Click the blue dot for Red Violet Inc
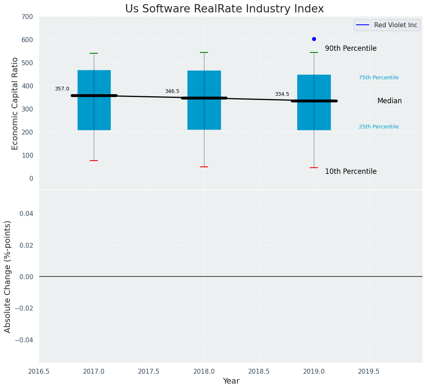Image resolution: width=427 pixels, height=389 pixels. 314,39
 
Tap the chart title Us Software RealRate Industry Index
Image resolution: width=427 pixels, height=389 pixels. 224,9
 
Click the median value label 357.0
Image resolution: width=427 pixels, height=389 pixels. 62,89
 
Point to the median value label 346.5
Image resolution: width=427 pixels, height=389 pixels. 172,91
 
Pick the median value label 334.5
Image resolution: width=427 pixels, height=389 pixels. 282,94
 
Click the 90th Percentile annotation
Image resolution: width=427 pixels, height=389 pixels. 351,48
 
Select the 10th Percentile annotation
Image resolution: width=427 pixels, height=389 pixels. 351,171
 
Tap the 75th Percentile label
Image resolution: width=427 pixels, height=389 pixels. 379,78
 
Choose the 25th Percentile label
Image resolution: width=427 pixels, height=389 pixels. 379,127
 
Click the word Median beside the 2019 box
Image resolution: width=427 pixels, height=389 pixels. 389,101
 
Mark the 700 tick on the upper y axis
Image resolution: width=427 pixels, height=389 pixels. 28,17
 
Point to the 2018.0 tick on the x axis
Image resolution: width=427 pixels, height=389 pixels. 204,371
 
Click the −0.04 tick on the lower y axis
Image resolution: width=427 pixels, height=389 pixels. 24,340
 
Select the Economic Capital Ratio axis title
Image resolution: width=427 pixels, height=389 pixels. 15,103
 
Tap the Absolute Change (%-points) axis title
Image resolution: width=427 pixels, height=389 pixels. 8,276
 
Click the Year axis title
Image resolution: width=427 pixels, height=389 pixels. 231,381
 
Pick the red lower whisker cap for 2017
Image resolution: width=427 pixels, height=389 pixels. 94,161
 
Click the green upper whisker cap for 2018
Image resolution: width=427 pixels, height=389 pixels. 204,52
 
